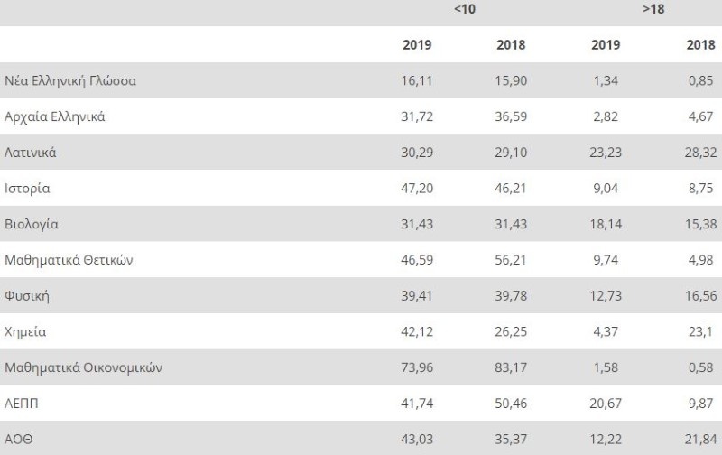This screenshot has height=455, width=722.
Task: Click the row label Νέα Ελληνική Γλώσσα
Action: [70, 80]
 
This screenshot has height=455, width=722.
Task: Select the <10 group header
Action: [464, 9]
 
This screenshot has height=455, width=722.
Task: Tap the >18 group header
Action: [653, 9]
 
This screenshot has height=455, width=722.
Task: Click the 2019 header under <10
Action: [417, 44]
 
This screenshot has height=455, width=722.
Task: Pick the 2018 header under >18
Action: [700, 44]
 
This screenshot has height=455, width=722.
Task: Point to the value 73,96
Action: [416, 367]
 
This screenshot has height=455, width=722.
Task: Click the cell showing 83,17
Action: [511, 367]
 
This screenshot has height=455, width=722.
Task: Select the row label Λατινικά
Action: [31, 153]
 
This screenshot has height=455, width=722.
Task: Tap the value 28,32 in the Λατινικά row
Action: [700, 153]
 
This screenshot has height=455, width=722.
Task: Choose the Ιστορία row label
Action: [27, 189]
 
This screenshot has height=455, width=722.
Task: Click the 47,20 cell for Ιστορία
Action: [416, 189]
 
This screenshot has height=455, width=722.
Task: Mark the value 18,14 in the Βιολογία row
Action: [606, 224]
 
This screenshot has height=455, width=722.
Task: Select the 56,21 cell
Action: [511, 260]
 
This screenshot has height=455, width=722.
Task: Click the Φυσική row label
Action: [26, 296]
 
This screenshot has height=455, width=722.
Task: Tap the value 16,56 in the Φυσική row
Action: [700, 296]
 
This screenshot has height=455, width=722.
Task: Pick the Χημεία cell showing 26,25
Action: [511, 331]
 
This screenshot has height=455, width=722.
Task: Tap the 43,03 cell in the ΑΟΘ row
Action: [416, 439]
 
